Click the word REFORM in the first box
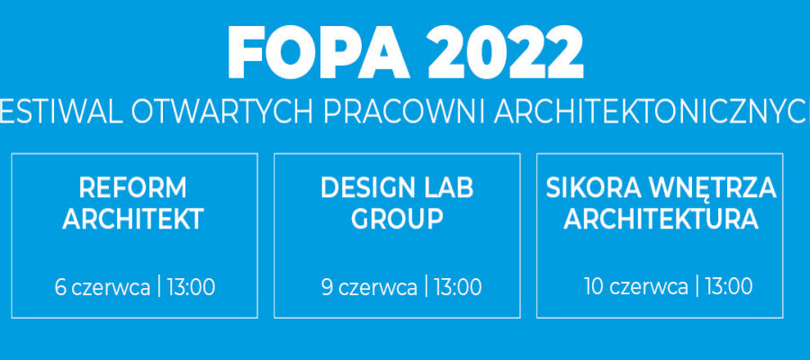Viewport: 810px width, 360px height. point(133,188)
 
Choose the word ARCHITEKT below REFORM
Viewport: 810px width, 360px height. point(133,219)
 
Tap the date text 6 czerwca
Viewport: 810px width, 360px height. point(103,287)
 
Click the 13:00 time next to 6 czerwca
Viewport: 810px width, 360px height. point(191,287)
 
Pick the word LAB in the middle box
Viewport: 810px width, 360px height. point(447,188)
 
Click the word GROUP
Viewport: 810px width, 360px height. point(397,219)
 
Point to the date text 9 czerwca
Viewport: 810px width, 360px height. point(369,287)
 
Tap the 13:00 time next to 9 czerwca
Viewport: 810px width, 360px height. point(458,287)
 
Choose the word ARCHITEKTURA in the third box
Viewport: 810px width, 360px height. point(661,219)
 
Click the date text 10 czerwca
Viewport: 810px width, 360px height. point(636,286)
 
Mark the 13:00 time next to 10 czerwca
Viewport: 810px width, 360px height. point(729,286)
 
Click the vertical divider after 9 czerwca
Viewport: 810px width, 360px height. point(426,287)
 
